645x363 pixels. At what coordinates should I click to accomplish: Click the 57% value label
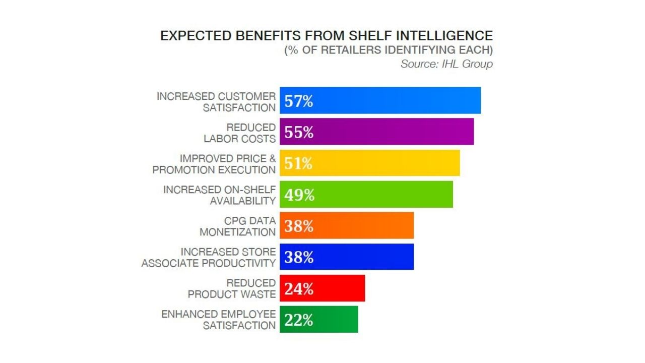(x=299, y=101)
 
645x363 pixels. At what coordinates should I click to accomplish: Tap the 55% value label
(x=299, y=132)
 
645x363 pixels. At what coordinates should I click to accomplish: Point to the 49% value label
(x=299, y=195)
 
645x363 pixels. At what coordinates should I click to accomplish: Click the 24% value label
(x=299, y=289)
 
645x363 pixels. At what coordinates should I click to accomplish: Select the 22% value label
(x=299, y=320)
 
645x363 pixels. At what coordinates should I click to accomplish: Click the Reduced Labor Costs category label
(x=240, y=133)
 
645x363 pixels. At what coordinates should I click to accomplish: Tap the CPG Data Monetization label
(x=238, y=226)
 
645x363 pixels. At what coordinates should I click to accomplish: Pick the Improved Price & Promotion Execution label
(x=214, y=164)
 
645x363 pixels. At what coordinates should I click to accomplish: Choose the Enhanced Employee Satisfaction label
(x=219, y=320)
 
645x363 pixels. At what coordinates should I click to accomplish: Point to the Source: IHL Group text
(x=446, y=64)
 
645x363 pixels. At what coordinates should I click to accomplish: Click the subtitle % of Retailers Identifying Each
(x=389, y=50)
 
